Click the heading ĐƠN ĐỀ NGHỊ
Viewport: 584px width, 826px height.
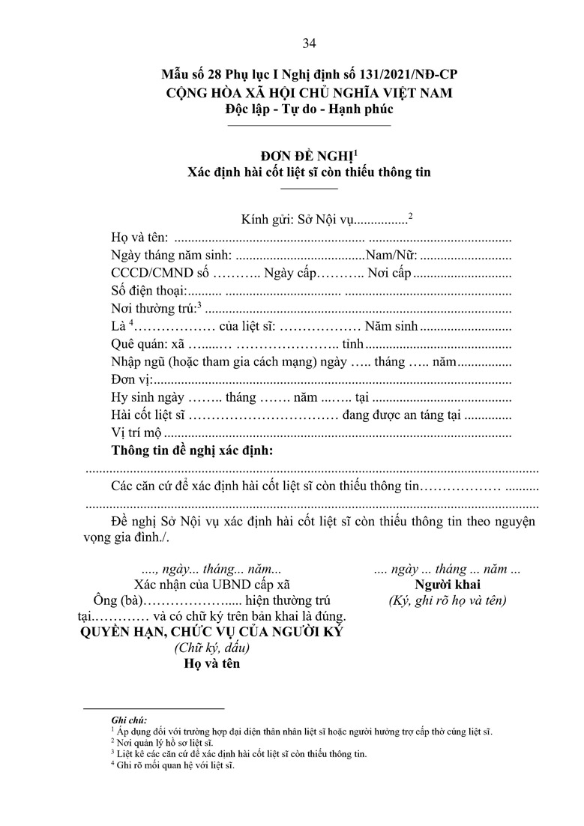coord(307,156)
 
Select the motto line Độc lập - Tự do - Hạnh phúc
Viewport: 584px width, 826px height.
coord(308,109)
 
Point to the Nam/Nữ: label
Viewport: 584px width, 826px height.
coord(391,255)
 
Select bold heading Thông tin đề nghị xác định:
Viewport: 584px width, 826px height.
coord(192,451)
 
